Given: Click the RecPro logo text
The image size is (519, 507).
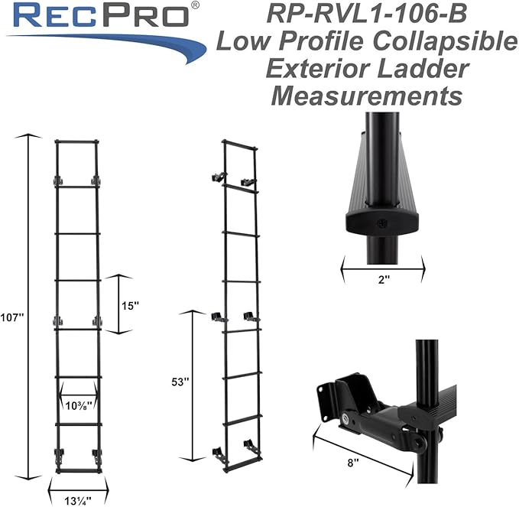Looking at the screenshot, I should [x=98, y=15].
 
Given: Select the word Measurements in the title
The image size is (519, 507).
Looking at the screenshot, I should [x=365, y=96].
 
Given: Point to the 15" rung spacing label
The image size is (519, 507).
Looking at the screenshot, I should [x=130, y=305].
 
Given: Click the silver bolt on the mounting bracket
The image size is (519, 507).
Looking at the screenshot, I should [x=348, y=418].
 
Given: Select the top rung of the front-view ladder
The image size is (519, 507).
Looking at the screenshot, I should [x=77, y=141].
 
